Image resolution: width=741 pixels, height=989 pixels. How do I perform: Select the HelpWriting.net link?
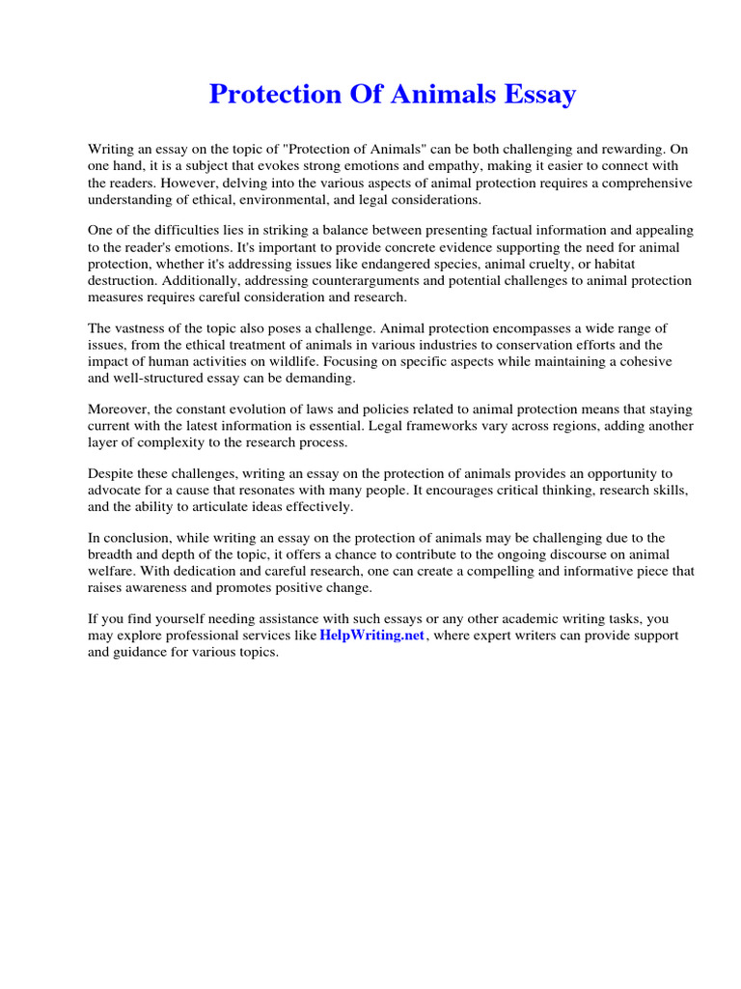tap(372, 636)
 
